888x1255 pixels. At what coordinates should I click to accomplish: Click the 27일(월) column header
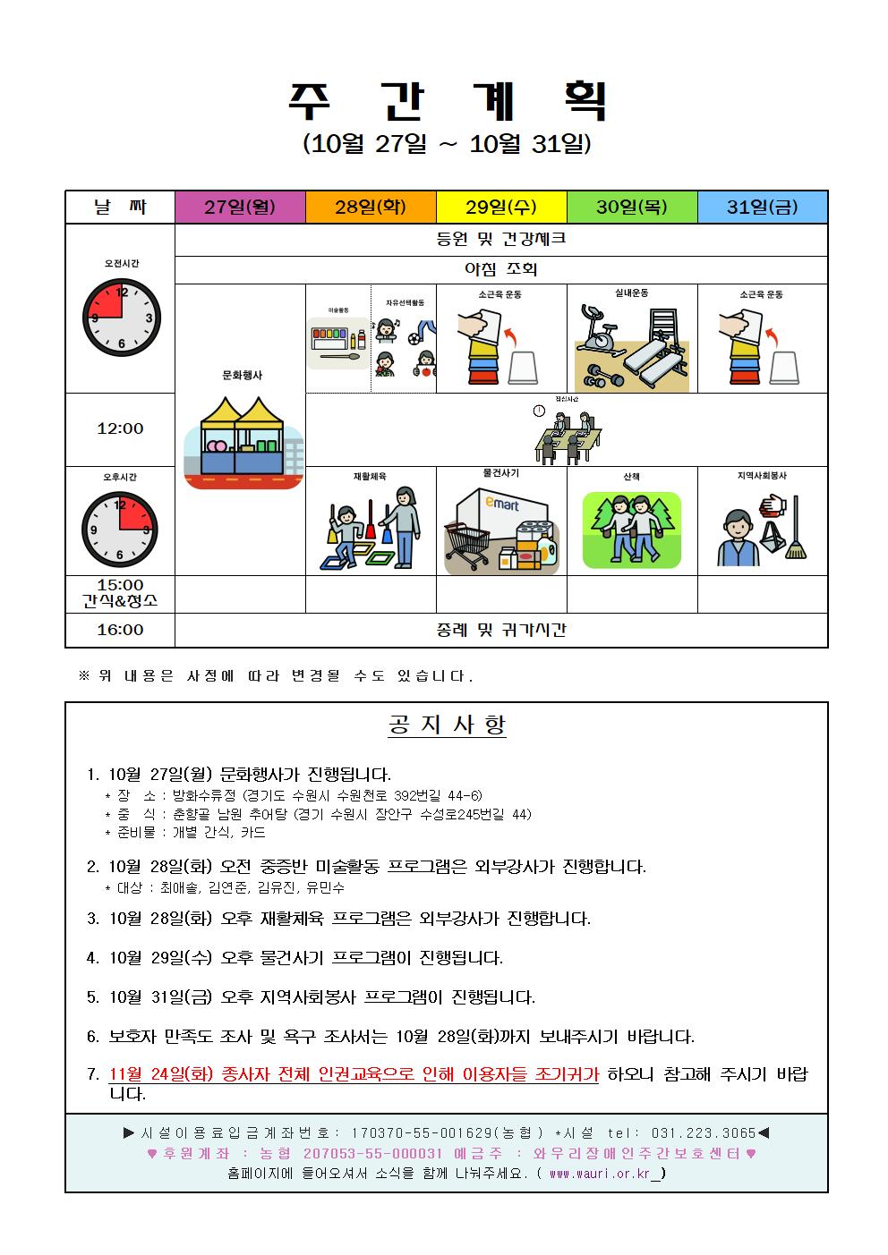[240, 208]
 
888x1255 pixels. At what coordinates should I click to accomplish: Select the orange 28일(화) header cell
[371, 208]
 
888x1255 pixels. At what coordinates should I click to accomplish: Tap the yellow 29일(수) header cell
[501, 208]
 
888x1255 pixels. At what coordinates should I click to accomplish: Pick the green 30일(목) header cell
[632, 208]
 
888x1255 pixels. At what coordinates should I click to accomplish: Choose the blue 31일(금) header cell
[763, 208]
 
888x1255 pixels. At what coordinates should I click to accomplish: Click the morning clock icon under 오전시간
[121, 318]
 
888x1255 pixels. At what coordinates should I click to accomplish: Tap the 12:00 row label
[120, 429]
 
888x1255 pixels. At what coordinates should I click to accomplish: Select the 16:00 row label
[120, 630]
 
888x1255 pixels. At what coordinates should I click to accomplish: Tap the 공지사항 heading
[446, 725]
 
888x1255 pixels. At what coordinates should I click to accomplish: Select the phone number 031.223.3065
[704, 1132]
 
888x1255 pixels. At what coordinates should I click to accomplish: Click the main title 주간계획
[446, 101]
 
